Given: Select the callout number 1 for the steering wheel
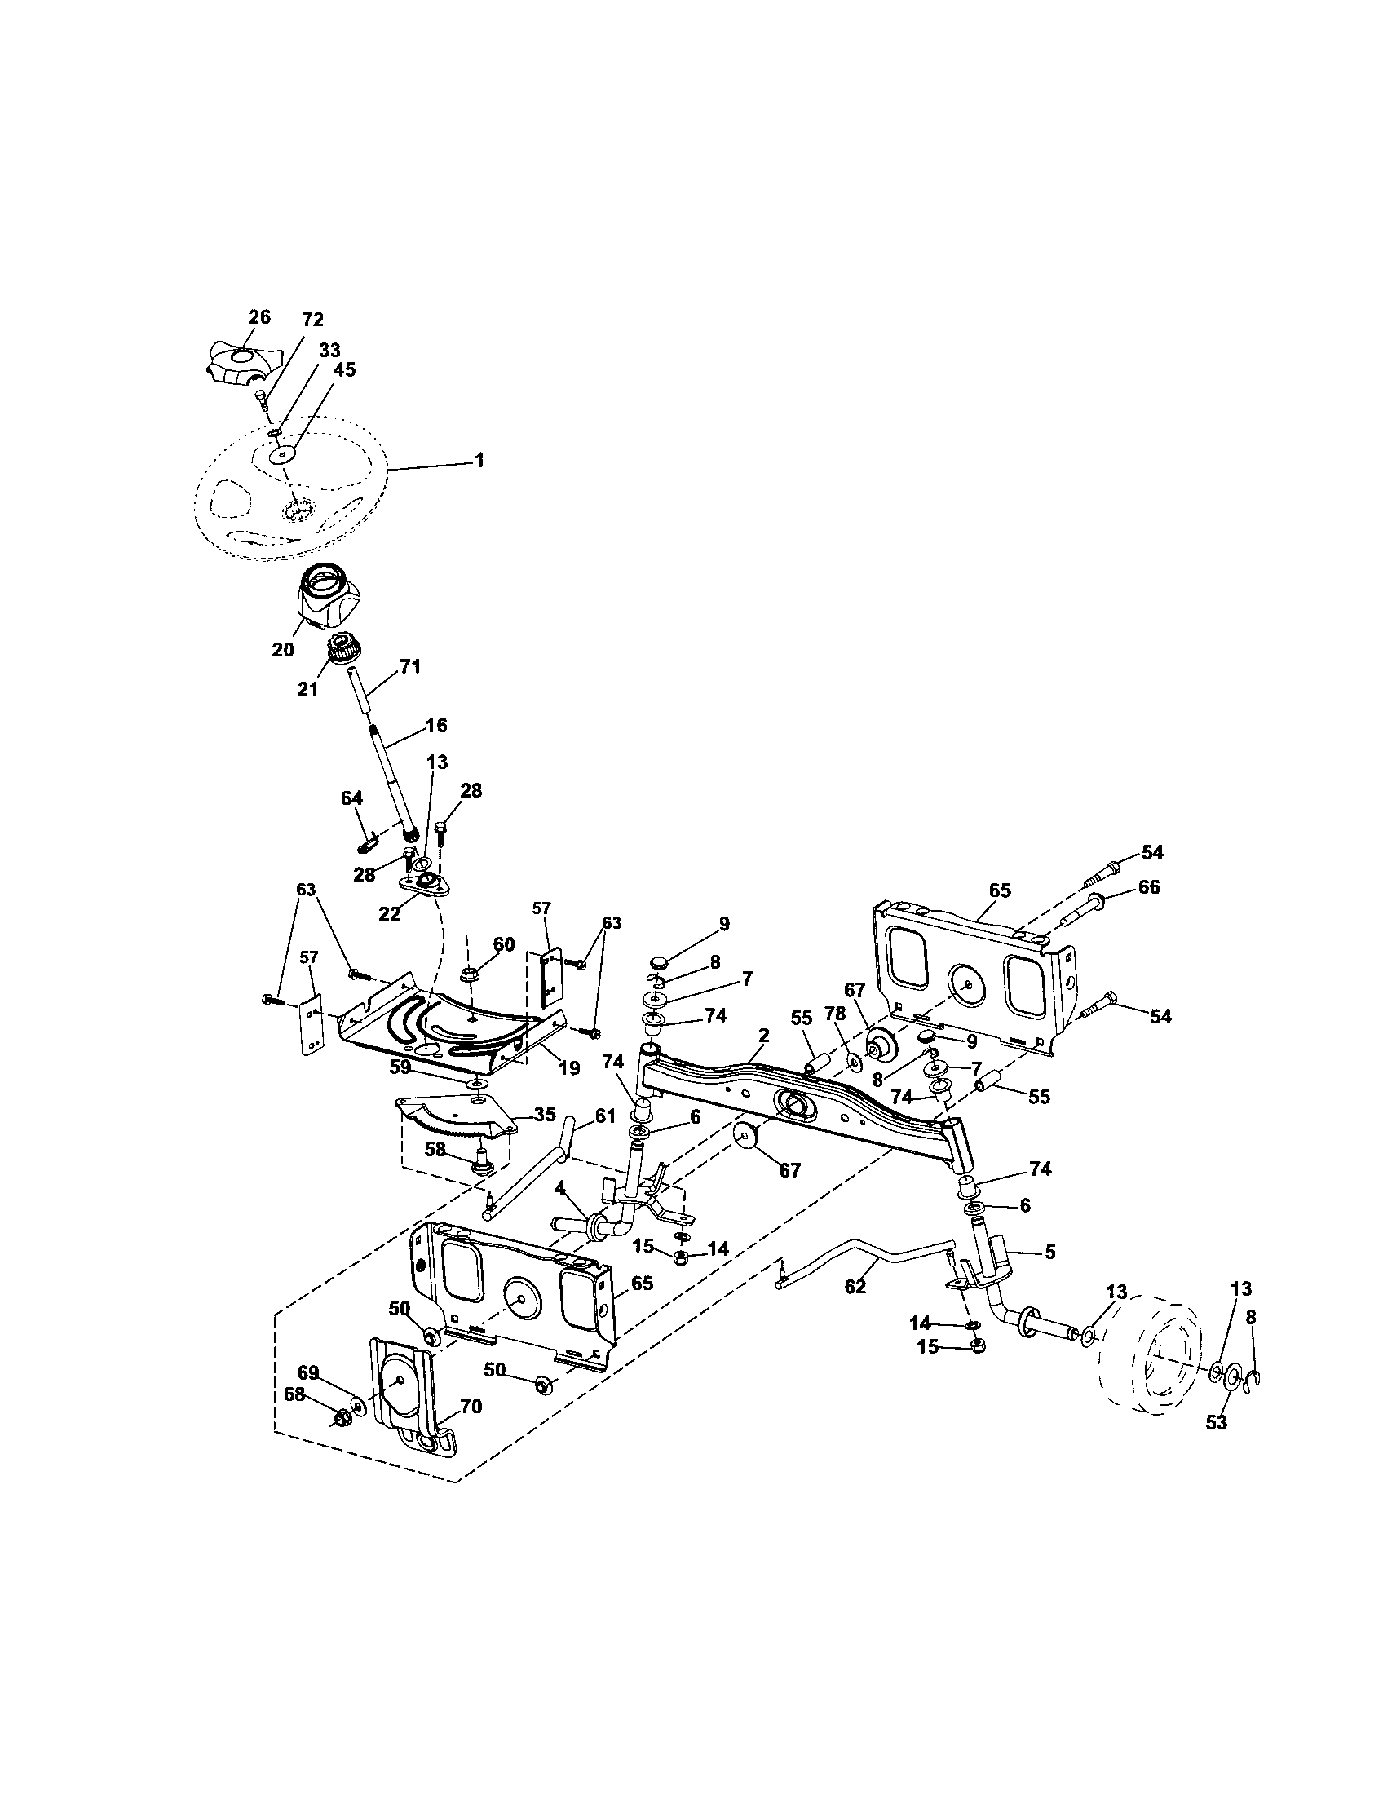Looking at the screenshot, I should (x=479, y=461).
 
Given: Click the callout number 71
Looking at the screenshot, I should (x=410, y=668).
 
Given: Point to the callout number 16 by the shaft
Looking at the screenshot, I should (x=436, y=724).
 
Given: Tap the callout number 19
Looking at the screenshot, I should (x=568, y=1068).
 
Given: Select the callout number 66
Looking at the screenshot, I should (x=1148, y=887).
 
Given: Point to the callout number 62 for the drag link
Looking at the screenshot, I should (x=855, y=1286).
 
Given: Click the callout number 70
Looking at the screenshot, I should (x=471, y=1407).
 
